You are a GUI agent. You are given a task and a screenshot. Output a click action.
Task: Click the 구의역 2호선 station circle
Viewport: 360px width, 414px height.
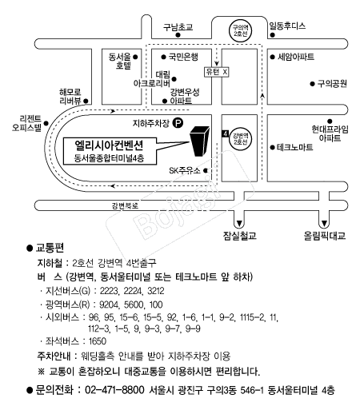[241, 30]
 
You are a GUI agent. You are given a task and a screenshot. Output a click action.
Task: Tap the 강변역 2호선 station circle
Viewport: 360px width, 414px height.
[240, 138]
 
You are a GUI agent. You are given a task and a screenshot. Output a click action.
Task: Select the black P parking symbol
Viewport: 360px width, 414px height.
[178, 123]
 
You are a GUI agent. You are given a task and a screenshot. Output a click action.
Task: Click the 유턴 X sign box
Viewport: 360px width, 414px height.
[216, 72]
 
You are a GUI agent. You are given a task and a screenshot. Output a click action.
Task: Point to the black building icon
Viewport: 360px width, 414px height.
[199, 141]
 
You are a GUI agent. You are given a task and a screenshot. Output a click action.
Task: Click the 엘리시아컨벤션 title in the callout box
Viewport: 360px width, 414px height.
[109, 145]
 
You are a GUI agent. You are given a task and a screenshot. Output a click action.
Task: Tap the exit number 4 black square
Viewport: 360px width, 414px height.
[226, 133]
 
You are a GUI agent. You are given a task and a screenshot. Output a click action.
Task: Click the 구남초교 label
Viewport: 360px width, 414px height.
[178, 27]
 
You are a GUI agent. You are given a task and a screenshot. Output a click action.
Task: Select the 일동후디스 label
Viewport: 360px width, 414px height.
[287, 26]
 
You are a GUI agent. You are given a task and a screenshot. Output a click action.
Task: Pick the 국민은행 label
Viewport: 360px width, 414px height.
[183, 57]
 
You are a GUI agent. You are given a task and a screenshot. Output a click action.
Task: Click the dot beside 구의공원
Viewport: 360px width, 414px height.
[312, 84]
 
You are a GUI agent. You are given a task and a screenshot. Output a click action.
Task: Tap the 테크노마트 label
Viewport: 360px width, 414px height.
[294, 147]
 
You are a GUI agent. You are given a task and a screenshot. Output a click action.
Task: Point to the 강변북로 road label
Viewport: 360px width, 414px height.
[125, 205]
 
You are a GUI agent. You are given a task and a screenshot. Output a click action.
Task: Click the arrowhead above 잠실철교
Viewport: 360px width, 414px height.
[239, 223]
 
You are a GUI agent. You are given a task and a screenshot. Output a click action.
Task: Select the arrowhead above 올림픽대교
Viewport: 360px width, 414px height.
[324, 223]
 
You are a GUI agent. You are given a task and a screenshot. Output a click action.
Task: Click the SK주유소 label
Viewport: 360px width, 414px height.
[185, 170]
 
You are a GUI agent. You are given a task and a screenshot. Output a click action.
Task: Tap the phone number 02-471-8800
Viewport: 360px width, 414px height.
[114, 390]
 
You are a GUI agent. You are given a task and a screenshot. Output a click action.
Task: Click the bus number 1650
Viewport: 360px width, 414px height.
[98, 341]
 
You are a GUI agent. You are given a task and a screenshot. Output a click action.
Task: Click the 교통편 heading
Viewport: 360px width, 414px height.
[50, 248]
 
